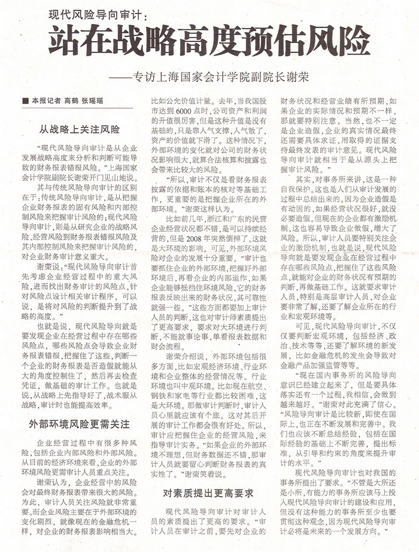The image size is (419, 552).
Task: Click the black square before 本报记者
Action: pos(25,100)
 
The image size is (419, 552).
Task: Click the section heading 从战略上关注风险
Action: pos(79,129)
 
